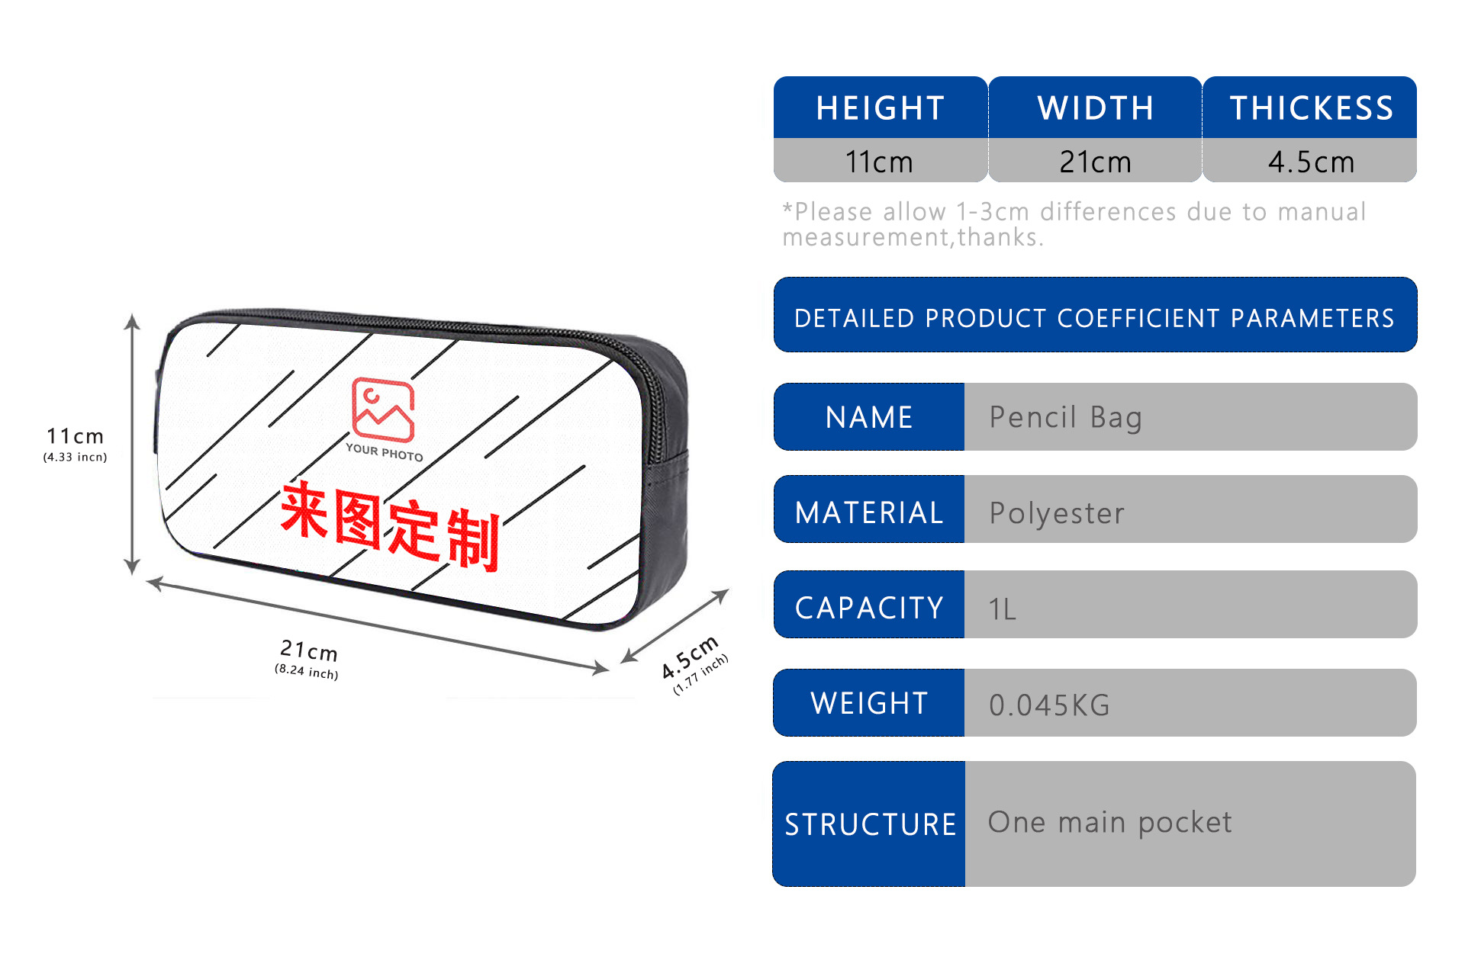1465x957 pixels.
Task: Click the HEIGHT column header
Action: tap(880, 108)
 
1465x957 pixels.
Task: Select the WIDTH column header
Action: tap(1095, 108)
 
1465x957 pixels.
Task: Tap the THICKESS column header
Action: tap(1311, 108)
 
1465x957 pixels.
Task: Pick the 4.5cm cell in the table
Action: tap(1311, 162)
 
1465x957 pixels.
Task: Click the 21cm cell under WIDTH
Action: tap(1095, 162)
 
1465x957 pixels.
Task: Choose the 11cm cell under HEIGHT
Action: tap(879, 162)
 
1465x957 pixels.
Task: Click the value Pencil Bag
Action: tap(1065, 418)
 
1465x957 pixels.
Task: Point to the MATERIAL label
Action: tap(869, 512)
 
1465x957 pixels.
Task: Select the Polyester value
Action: tap(1057, 513)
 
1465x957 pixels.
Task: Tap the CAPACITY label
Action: tap(869, 608)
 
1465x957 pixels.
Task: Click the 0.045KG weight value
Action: tap(1049, 705)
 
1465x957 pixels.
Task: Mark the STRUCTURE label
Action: tap(870, 824)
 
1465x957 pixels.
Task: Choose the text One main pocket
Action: tap(1109, 823)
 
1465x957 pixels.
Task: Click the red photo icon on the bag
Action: tap(383, 409)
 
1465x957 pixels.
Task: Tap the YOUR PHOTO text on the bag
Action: tap(384, 452)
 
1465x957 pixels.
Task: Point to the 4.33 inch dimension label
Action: tap(75, 458)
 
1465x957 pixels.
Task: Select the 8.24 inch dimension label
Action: tap(306, 671)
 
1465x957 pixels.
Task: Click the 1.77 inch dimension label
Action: tap(700, 675)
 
